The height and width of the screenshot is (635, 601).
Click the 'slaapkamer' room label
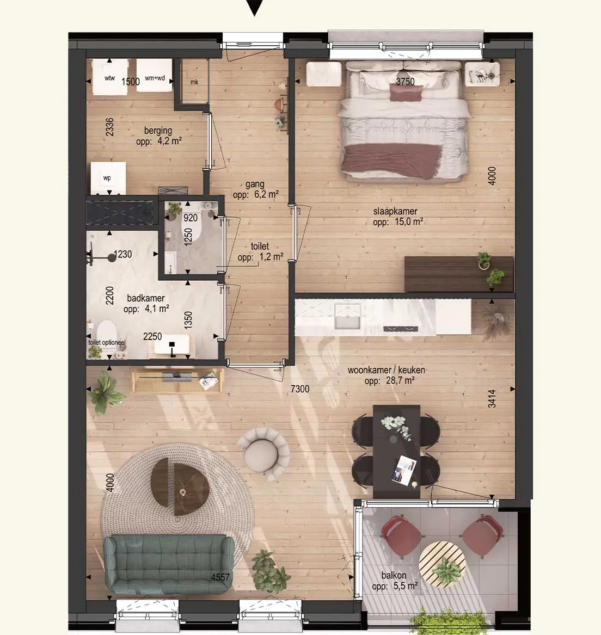pyautogui.click(x=395, y=212)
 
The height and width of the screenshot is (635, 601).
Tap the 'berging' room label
pyautogui.click(x=158, y=131)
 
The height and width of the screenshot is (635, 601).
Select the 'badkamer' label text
pyautogui.click(x=145, y=299)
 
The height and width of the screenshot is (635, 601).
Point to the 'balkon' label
pyautogui.click(x=394, y=576)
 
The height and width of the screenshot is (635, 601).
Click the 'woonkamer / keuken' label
pyautogui.click(x=386, y=370)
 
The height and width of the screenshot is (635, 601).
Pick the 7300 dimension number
pyautogui.click(x=300, y=389)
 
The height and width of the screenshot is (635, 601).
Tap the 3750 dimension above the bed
pyautogui.click(x=405, y=82)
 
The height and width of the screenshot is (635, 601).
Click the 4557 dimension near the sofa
pyautogui.click(x=220, y=577)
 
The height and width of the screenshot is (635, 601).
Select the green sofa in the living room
pyautogui.click(x=169, y=564)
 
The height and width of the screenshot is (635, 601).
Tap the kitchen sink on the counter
pyautogui.click(x=347, y=316)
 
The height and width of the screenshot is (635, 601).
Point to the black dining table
pyautogui.click(x=396, y=451)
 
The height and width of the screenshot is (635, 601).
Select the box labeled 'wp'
pyautogui.click(x=108, y=178)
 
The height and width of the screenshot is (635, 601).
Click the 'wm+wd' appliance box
pyautogui.click(x=155, y=76)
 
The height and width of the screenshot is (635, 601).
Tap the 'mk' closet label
pyautogui.click(x=194, y=82)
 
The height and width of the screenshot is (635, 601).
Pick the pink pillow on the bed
pyautogui.click(x=406, y=93)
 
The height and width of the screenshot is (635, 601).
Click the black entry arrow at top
pyautogui.click(x=255, y=7)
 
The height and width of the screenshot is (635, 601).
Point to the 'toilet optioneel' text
pyautogui.click(x=107, y=343)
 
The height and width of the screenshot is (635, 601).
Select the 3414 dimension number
pyautogui.click(x=492, y=398)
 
